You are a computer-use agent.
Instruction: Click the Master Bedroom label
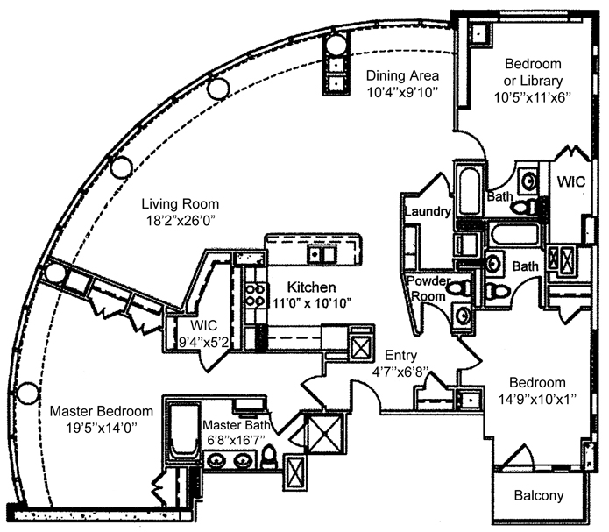click(101, 411)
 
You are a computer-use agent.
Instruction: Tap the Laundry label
click(428, 212)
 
